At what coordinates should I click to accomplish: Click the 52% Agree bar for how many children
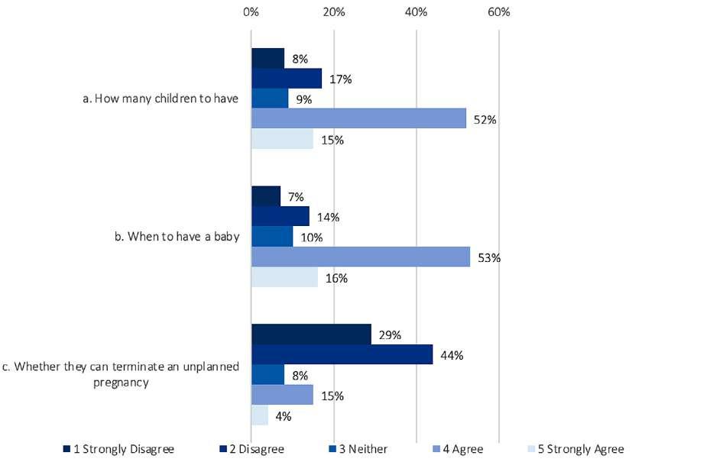pyautogui.click(x=358, y=118)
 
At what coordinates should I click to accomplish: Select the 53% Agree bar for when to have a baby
pyautogui.click(x=361, y=257)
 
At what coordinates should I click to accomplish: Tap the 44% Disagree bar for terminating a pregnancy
pyautogui.click(x=342, y=354)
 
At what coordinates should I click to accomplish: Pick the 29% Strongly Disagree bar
pyautogui.click(x=311, y=334)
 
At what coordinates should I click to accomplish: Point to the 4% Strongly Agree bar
pyautogui.click(x=260, y=415)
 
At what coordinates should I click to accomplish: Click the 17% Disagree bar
pyautogui.click(x=287, y=79)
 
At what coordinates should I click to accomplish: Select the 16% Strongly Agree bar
pyautogui.click(x=284, y=277)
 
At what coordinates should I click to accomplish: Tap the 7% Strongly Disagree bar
pyautogui.click(x=266, y=196)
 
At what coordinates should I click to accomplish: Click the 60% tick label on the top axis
pyautogui.click(x=498, y=12)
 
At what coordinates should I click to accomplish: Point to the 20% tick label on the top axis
pyautogui.click(x=333, y=12)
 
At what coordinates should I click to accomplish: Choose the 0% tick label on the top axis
pyautogui.click(x=251, y=12)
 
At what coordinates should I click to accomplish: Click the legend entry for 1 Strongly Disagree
pyautogui.click(x=118, y=449)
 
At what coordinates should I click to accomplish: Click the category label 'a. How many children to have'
pyautogui.click(x=160, y=99)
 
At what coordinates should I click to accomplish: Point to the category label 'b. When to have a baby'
pyautogui.click(x=177, y=237)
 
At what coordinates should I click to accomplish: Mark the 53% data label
pyautogui.click(x=489, y=257)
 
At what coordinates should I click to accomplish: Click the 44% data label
pyautogui.click(x=452, y=355)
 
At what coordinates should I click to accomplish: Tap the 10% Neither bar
pyautogui.click(x=272, y=237)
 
